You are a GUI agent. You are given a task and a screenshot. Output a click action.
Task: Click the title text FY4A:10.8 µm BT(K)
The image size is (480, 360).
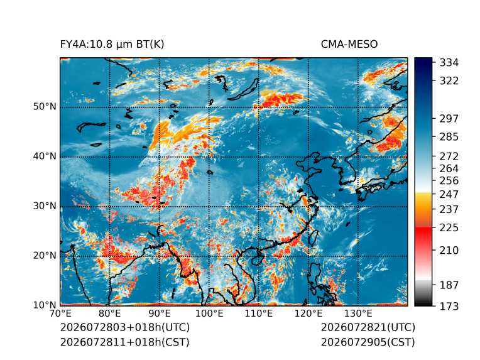(x=112, y=45)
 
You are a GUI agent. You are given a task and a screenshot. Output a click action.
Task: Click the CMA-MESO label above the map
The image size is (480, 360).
(x=349, y=45)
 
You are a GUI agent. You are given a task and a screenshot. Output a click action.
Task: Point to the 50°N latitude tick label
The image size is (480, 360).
(x=45, y=107)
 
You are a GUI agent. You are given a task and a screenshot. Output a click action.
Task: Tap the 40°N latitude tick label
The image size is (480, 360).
(x=45, y=156)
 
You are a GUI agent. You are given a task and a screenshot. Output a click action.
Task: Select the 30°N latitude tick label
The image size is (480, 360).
(x=45, y=206)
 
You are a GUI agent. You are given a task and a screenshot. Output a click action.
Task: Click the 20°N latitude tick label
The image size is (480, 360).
(x=45, y=256)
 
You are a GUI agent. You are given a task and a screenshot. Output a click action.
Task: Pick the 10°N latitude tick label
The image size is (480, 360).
(x=45, y=305)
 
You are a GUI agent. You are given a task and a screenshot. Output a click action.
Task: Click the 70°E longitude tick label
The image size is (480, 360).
(x=60, y=314)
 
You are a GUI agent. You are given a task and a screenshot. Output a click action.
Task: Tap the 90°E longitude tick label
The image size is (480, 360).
(x=160, y=314)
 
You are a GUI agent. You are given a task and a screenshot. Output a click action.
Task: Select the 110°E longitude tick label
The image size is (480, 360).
(x=259, y=314)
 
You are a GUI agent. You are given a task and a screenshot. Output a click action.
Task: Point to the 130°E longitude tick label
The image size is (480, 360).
(x=358, y=314)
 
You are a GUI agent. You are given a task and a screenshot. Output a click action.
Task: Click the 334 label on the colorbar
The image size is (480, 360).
(x=449, y=63)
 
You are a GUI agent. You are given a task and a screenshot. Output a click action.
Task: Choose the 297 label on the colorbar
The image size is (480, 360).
(x=449, y=119)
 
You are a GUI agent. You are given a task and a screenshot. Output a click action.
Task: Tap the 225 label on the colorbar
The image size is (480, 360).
(x=449, y=228)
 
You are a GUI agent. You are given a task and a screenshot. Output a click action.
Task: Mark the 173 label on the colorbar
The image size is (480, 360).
(x=449, y=306)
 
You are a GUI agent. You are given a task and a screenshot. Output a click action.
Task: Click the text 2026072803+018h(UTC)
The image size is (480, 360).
(x=125, y=327)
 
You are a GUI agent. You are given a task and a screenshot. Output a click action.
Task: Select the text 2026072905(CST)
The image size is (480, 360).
(x=368, y=342)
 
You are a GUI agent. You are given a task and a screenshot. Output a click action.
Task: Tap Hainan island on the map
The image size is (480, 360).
(x=257, y=260)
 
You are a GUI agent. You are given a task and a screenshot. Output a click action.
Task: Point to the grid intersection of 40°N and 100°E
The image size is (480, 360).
(x=209, y=157)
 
